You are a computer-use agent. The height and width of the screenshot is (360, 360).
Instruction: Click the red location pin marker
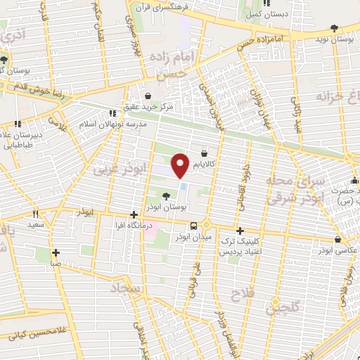click(181, 165)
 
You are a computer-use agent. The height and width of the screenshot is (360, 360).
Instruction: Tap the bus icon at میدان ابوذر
click(194, 225)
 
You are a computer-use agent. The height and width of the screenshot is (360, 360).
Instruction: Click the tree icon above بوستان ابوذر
click(166, 196)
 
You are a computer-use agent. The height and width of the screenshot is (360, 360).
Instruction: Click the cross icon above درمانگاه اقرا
click(134, 214)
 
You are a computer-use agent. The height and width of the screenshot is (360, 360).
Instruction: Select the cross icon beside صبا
click(56, 252)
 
